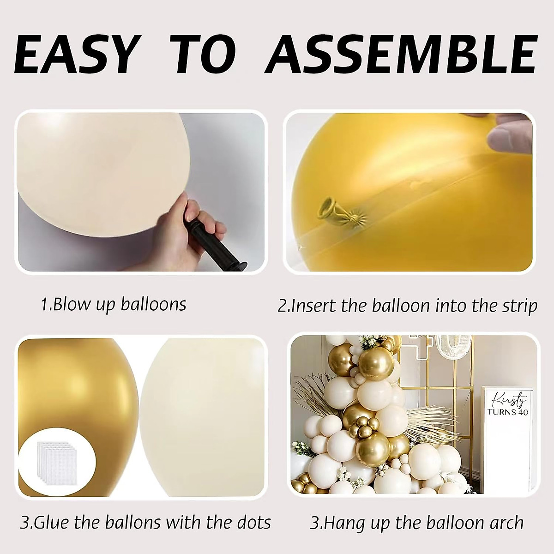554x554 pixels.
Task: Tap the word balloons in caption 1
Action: point(153,305)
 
